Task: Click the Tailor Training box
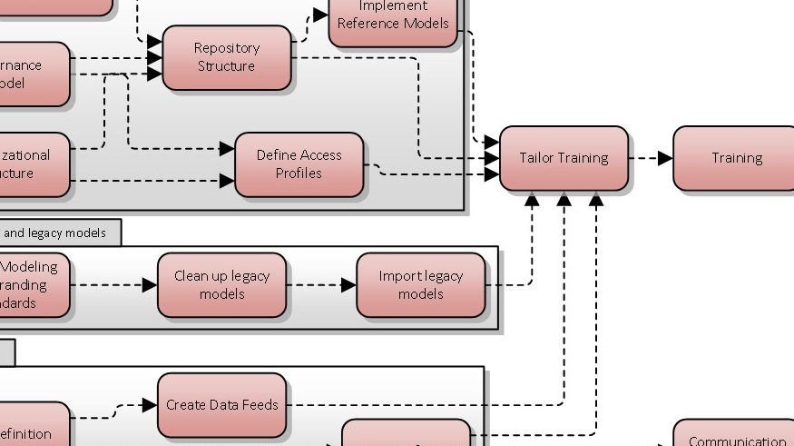click(564, 158)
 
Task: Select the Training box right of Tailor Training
click(735, 158)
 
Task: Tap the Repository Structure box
click(227, 57)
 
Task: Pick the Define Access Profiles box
click(299, 164)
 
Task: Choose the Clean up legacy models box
click(221, 285)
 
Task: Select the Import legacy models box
click(420, 285)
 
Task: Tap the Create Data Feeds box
click(221, 405)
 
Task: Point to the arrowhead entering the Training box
click(665, 158)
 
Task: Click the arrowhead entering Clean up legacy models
click(150, 285)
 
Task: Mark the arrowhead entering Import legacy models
click(348, 285)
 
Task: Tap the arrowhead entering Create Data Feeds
click(150, 405)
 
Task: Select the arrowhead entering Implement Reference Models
click(320, 15)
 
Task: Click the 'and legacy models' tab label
click(54, 233)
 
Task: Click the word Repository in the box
click(227, 48)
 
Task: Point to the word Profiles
click(299, 173)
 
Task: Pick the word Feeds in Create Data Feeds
click(260, 405)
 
